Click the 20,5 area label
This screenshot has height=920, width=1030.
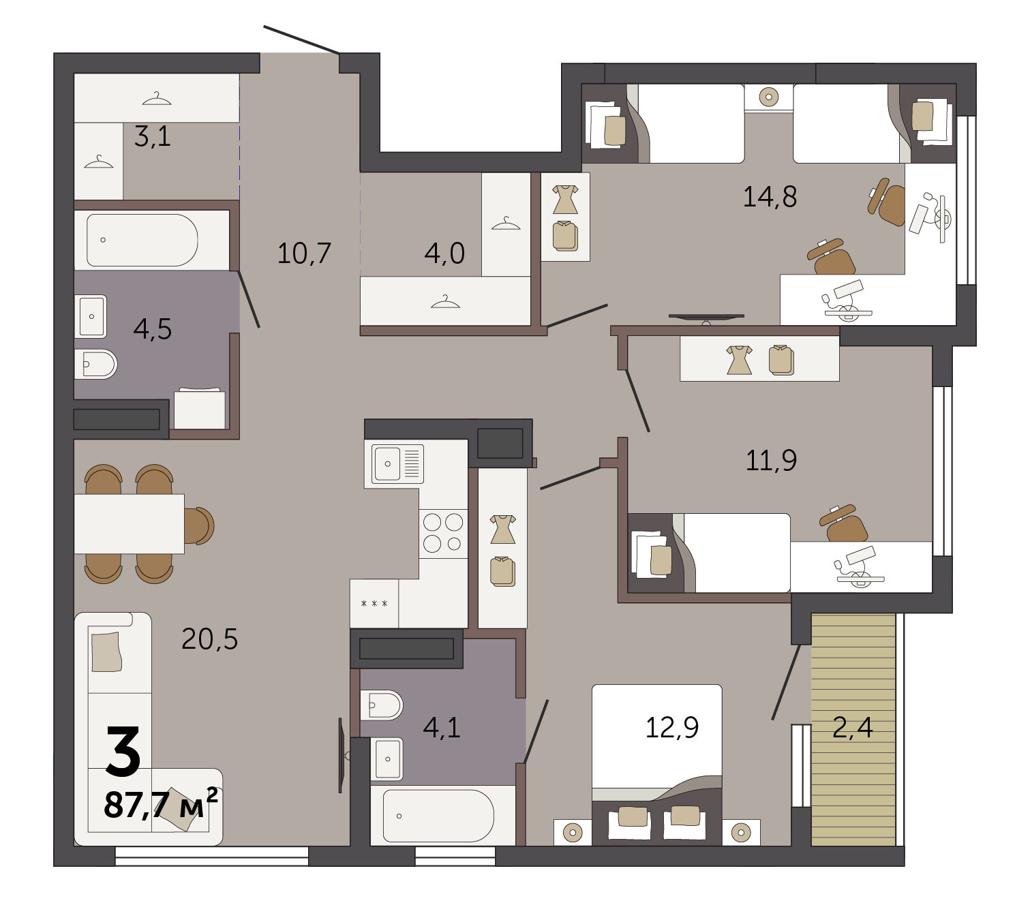209,639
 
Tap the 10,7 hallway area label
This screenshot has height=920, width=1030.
304,253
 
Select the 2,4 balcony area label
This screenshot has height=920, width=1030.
853,727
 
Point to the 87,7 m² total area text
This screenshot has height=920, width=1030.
161,803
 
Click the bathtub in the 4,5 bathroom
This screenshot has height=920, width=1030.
142,240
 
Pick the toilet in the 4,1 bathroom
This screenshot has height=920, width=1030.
381,705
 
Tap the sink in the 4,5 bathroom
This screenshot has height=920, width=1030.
91,316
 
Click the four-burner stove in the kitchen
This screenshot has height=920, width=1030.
443,533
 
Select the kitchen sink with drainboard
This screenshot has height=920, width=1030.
397,463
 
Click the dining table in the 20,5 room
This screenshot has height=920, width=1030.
129,523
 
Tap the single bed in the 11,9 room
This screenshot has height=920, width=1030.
709,553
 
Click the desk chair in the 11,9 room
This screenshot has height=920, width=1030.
845,523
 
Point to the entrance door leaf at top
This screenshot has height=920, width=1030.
302,40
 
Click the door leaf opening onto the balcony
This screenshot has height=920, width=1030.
786,682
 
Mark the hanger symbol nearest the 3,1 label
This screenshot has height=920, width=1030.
157,98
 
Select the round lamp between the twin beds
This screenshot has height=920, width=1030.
769,97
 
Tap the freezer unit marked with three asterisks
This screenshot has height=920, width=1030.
374,603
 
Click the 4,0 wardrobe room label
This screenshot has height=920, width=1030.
444,253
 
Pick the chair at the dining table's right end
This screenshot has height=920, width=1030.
199,525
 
